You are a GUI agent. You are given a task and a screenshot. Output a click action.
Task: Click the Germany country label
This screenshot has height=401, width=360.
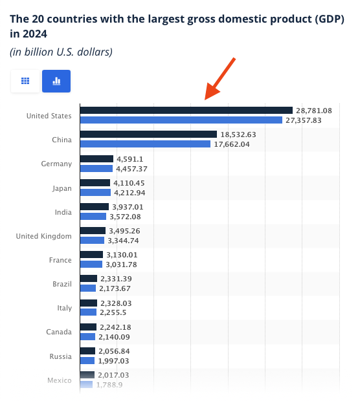tap(56, 164)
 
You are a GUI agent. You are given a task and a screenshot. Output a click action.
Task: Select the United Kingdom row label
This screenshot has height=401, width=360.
tap(43, 236)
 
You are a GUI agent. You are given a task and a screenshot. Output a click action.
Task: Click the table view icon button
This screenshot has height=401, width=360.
tap(26, 81)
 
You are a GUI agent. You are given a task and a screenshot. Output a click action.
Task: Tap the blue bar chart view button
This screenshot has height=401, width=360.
tap(56, 81)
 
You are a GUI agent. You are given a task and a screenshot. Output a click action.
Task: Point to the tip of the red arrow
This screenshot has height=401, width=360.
tap(207, 99)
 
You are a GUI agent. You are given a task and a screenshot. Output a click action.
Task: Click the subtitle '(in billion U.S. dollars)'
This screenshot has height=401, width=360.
tap(61, 52)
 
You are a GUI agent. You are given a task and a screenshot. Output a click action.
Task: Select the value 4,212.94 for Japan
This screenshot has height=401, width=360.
tap(133, 192)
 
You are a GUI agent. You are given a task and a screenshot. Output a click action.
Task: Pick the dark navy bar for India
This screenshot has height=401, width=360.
tap(94, 207)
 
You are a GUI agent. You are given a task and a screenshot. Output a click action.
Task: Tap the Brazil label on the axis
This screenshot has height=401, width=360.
tap(61, 284)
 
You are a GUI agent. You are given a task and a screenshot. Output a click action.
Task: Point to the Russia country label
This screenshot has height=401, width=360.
tap(60, 356)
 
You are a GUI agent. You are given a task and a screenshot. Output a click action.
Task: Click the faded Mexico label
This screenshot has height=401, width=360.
tap(59, 380)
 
